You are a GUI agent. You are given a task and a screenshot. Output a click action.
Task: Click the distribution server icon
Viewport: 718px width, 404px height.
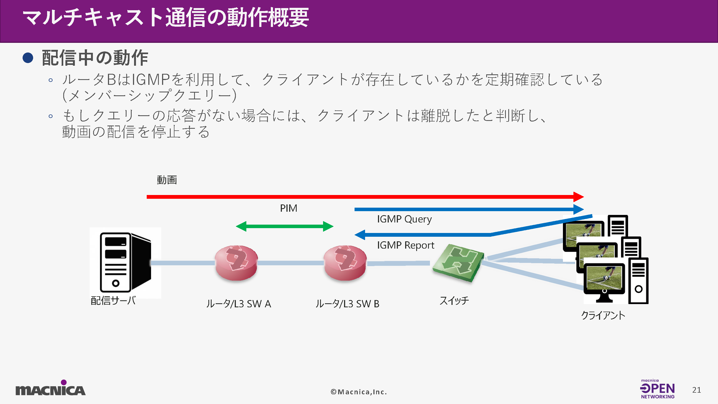[x=125, y=262]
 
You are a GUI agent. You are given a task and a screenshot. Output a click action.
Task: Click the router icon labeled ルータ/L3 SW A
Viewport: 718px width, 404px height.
[x=236, y=263]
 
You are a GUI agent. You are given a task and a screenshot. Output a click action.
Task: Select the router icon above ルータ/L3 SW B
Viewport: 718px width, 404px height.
[x=345, y=263]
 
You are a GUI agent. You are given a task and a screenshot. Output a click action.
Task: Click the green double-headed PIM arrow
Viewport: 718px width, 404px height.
[x=285, y=226]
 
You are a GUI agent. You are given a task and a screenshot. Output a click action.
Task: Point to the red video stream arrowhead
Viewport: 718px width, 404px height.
[x=578, y=197]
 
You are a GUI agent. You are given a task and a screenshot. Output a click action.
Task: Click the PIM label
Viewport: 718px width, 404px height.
[x=289, y=208]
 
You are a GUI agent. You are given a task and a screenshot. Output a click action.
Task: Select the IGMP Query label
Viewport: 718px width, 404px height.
[x=404, y=219]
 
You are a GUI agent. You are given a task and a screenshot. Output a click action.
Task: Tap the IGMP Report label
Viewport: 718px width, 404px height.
[x=405, y=245]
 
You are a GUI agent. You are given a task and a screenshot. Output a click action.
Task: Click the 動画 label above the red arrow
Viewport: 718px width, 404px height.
[x=167, y=180]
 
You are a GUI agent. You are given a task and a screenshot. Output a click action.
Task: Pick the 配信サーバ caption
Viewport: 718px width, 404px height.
[x=113, y=301]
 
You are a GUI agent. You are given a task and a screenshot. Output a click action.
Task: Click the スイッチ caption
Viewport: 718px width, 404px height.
[x=454, y=301]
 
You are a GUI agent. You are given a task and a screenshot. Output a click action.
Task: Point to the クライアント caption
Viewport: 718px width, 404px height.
[x=603, y=315]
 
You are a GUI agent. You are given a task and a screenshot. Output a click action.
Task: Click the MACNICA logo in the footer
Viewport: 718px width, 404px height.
[x=50, y=389]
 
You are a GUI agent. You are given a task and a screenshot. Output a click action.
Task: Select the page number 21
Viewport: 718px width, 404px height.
[x=696, y=390]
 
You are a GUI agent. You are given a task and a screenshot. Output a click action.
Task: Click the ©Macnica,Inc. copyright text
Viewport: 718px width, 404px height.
[x=359, y=392]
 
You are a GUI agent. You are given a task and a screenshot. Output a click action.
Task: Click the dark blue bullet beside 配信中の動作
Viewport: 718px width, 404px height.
[x=28, y=58]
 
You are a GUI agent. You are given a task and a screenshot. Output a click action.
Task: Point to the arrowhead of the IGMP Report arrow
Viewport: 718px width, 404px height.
[x=360, y=235]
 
